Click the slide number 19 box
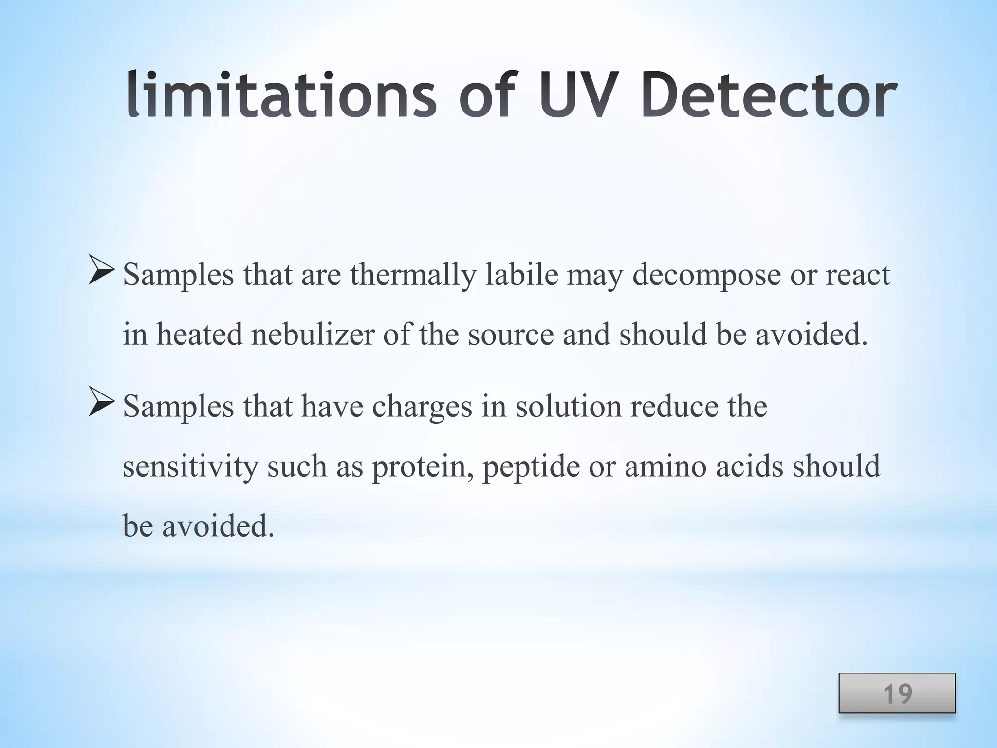(897, 693)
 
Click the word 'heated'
(199, 335)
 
